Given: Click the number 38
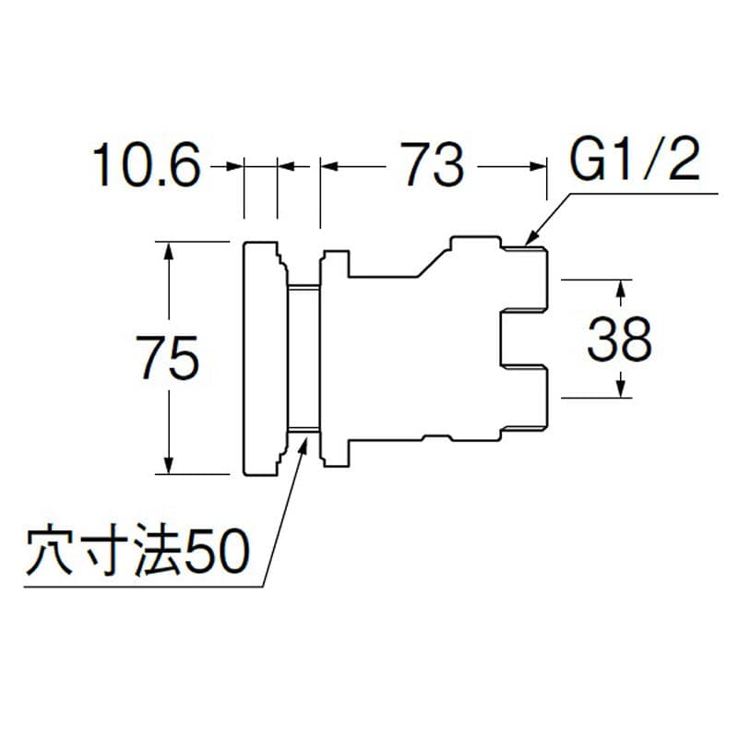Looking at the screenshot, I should pyautogui.click(x=620, y=340).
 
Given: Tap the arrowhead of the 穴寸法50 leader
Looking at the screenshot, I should pyautogui.click(x=305, y=442).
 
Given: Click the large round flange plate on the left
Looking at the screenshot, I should pyautogui.click(x=263, y=358).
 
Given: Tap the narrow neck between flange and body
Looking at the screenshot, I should pyautogui.click(x=304, y=358).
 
